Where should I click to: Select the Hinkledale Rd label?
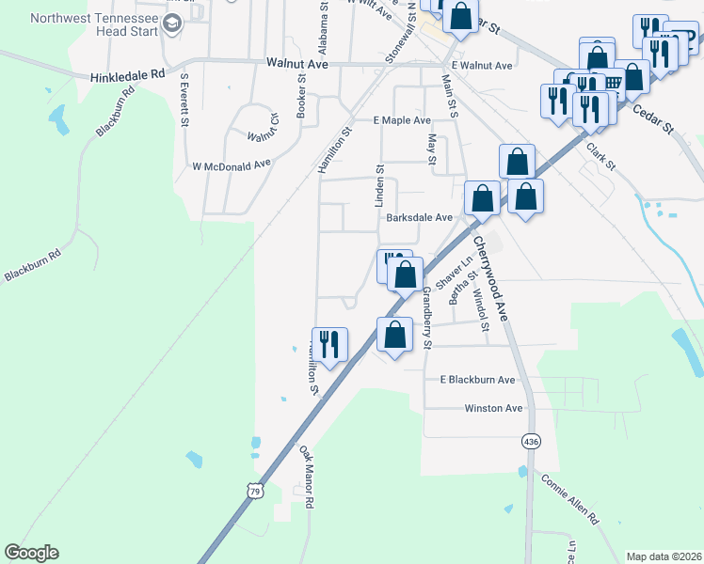(x=127, y=74)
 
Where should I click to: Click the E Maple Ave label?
(x=401, y=120)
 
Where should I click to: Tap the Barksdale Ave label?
(x=420, y=217)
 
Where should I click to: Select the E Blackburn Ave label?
(x=478, y=380)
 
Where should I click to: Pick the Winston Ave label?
(x=493, y=409)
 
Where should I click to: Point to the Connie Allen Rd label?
(x=569, y=497)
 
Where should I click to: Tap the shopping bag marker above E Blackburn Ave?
(x=395, y=335)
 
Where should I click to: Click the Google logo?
(x=31, y=553)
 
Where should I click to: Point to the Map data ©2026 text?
(x=664, y=556)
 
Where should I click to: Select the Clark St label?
(x=600, y=157)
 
